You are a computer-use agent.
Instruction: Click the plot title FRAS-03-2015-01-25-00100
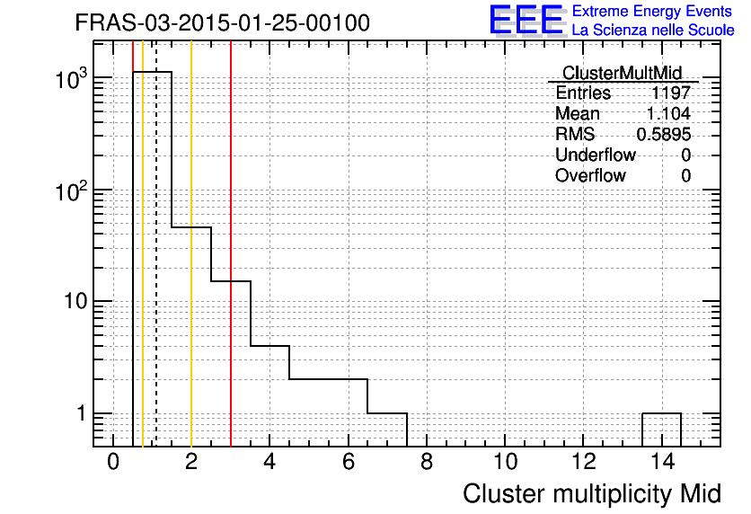point(222,22)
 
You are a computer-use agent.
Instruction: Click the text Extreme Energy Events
point(652,11)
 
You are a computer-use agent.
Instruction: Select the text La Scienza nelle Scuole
point(653,31)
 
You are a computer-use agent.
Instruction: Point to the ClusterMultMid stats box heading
point(622,73)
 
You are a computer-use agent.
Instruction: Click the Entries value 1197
point(670,93)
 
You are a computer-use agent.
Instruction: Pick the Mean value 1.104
point(668,113)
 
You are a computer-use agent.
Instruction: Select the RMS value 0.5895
point(663,135)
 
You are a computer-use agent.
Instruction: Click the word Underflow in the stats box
point(596,155)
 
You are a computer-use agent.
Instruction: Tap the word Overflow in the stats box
point(590,175)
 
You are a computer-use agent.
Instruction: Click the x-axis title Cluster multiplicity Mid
point(591,494)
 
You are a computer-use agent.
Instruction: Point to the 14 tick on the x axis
point(662,462)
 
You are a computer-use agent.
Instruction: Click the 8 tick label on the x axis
point(427,462)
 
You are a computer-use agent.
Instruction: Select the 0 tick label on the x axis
point(113,462)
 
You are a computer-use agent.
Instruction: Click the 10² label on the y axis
point(71,191)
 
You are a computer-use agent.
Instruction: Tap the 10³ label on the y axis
point(71,79)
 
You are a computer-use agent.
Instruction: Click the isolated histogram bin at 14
point(661,413)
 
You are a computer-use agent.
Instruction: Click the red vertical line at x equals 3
point(231,244)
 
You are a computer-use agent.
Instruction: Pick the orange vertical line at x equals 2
point(191,244)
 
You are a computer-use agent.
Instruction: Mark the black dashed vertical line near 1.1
point(156,244)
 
